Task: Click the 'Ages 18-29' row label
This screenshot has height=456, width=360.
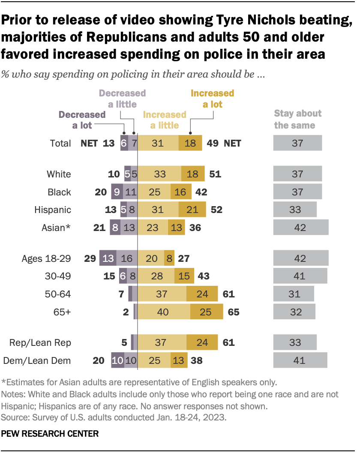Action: (46, 258)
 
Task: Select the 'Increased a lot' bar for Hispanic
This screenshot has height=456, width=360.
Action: (192, 210)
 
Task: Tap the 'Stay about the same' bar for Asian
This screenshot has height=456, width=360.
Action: (301, 228)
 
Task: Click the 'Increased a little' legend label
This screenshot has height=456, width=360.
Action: (165, 120)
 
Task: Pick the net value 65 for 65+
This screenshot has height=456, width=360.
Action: (234, 312)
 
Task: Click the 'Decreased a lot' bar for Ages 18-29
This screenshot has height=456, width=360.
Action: (108, 258)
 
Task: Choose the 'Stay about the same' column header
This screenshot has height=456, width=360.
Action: (297, 120)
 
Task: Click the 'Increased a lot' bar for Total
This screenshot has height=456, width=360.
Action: (190, 143)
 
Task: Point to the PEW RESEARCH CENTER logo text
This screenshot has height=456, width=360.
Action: (50, 434)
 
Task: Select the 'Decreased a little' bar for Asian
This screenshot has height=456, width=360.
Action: (129, 228)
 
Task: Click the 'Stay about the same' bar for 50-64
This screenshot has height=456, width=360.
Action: (294, 294)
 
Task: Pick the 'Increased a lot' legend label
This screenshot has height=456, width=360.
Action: (212, 98)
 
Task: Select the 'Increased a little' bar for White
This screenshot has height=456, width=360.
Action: (159, 174)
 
